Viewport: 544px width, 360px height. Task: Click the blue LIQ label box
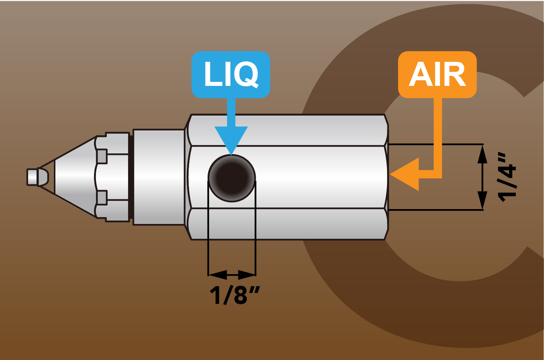(231, 74)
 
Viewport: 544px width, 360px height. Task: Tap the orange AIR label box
(437, 74)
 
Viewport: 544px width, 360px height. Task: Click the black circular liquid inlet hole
(232, 178)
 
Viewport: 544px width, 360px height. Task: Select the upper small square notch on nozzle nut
(102, 156)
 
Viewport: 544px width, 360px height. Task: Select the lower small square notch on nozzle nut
(102, 197)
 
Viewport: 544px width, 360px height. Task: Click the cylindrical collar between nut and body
(159, 177)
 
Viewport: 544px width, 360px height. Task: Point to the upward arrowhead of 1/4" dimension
(482, 153)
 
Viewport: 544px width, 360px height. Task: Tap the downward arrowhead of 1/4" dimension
(482, 200)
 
